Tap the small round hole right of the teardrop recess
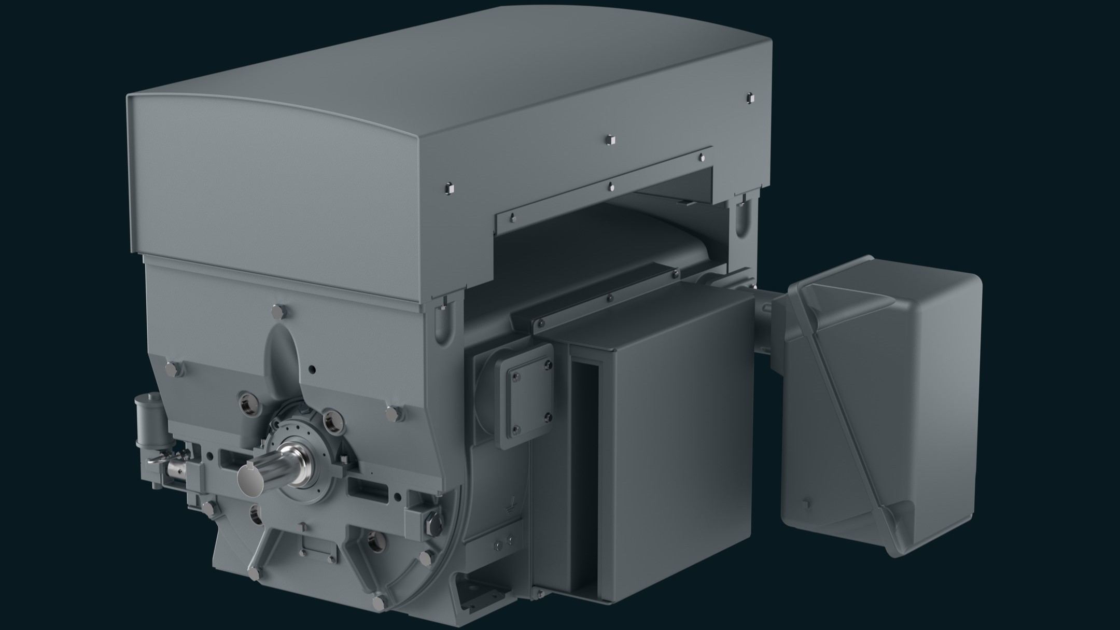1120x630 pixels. tap(312, 370)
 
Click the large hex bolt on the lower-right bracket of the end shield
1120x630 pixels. tap(432, 516)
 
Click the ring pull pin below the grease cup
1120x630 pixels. tap(156, 459)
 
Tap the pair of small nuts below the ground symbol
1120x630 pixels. tap(502, 544)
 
